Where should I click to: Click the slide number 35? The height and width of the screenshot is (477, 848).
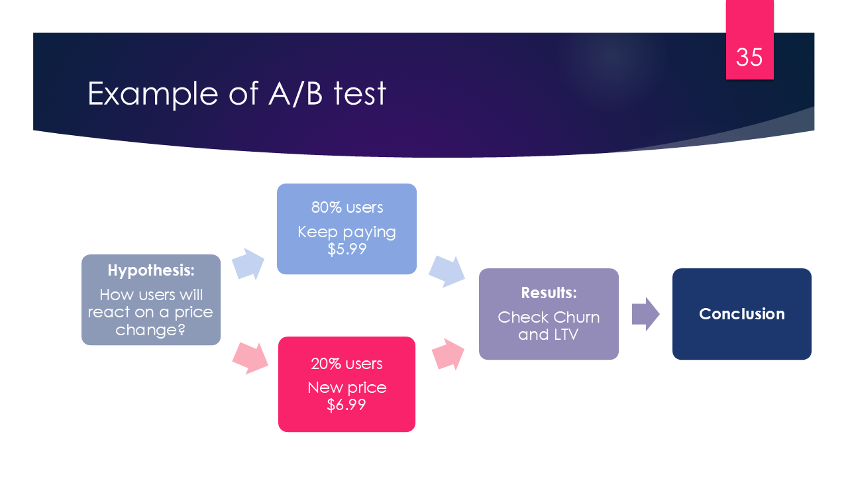749,58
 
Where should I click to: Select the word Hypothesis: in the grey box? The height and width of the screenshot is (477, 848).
151,270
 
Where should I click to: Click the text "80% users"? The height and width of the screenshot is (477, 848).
347,207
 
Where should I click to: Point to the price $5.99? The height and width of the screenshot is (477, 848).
346,249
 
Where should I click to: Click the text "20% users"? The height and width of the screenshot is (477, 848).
347,364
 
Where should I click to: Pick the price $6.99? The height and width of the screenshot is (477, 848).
346,404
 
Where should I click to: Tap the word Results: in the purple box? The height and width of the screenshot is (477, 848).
549,293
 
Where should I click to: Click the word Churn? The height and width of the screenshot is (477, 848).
575,317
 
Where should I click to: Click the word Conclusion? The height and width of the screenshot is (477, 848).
741,314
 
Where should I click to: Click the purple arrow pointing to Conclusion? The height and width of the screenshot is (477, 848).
645,314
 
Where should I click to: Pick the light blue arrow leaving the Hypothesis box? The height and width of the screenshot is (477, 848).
248,264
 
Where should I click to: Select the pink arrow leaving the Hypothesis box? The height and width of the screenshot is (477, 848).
250,358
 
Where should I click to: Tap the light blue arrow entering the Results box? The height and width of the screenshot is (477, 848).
447,270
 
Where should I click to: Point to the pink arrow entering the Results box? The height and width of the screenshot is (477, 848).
448,354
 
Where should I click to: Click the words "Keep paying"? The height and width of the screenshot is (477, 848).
346,232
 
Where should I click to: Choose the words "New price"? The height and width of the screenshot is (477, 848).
346,388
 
